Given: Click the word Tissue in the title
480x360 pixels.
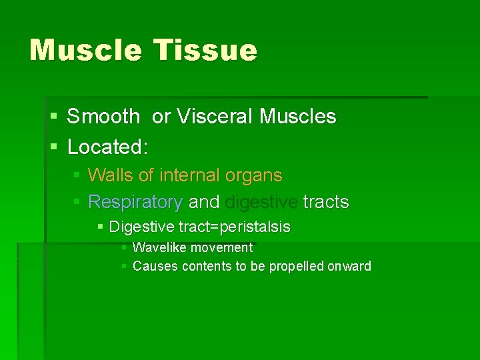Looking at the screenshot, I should coord(205,50).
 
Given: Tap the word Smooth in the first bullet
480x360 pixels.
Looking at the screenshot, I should coord(103,117).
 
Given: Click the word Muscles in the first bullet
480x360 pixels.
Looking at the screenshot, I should coord(298,117).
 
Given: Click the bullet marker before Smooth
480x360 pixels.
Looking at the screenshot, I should coord(53,117).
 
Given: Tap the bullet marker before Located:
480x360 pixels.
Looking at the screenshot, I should coord(53,147).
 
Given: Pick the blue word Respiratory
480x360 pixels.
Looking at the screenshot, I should coord(135,202).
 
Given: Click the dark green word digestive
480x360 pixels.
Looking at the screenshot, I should coord(261,202).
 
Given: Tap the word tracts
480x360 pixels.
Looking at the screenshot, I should coord(326,202).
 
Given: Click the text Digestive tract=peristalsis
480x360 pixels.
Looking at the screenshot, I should coord(199,227).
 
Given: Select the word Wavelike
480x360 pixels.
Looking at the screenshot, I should coord(160,248).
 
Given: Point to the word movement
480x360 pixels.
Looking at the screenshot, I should coord(222,248).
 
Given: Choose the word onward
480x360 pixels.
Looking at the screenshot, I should coord(349,267).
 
